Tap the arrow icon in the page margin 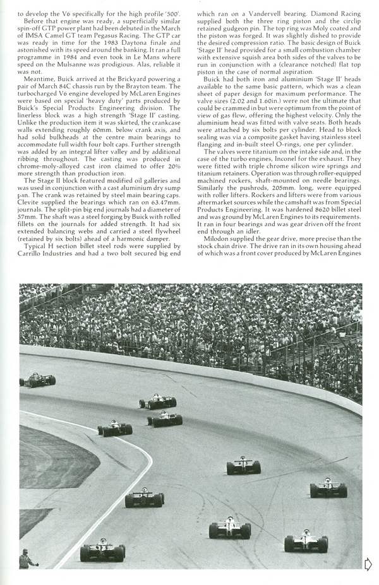(x=368, y=563)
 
